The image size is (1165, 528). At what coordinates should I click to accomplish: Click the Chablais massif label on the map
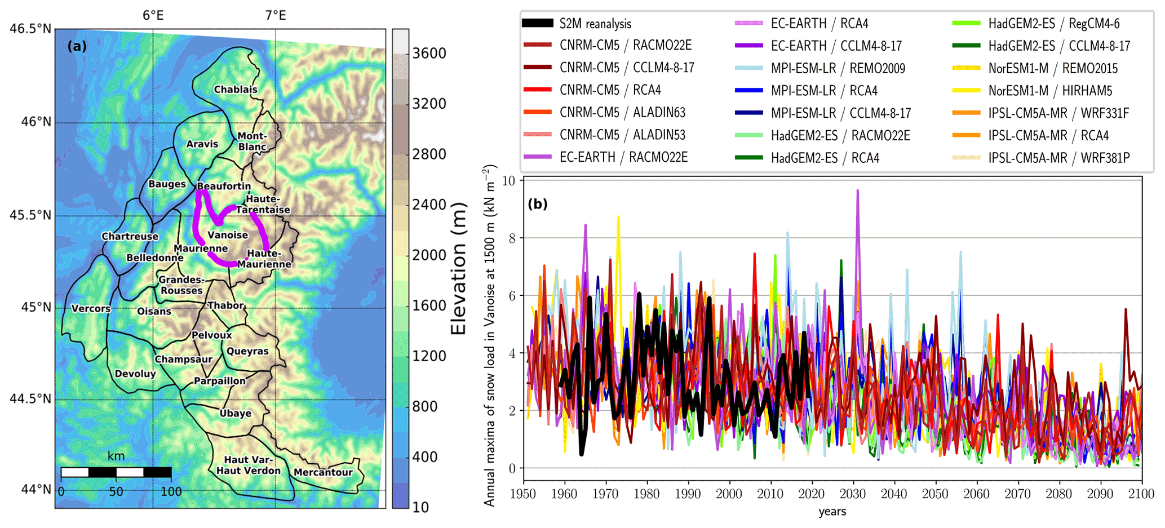pos(236,90)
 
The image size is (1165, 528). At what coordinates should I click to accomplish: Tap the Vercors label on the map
pos(91,309)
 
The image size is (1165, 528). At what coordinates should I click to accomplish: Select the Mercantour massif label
pos(323,472)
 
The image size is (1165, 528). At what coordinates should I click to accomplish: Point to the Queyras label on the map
pos(247,351)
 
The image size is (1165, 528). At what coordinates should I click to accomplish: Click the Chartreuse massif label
pos(130,237)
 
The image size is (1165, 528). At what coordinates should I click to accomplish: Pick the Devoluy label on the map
pos(135,374)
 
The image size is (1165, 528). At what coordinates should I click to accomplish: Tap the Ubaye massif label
pos(236,413)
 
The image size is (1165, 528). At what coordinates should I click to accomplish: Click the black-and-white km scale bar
pos(116,472)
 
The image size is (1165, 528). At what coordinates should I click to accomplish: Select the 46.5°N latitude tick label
pos(30,29)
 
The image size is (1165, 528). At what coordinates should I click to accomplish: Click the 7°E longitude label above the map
pos(276,15)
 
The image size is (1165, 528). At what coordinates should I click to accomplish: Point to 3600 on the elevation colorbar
pos(429,54)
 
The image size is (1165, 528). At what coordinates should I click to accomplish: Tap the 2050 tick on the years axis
pos(935,494)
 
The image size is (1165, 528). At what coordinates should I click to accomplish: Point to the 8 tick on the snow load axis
pos(512,238)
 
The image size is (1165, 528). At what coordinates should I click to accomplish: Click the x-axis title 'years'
pos(832,512)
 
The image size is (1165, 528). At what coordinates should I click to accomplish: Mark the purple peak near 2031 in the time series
pos(858,190)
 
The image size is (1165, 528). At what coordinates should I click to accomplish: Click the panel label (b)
pos(537,204)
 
